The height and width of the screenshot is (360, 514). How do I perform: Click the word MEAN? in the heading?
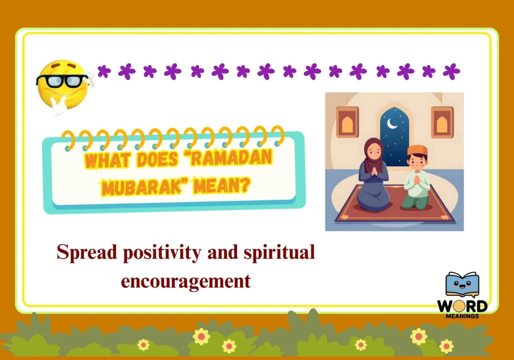pyautogui.click(x=221, y=186)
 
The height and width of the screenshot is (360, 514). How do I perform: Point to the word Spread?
pyautogui.click(x=87, y=253)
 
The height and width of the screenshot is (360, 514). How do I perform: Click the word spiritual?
pyautogui.click(x=279, y=253)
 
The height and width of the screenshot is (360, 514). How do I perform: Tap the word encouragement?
pyautogui.click(x=186, y=281)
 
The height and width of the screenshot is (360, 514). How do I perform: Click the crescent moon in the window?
pyautogui.click(x=392, y=124)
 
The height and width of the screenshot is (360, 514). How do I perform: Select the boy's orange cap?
pyautogui.click(x=417, y=151)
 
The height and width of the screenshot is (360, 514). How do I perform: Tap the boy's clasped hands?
pyautogui.click(x=417, y=180)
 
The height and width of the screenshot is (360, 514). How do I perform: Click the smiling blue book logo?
pyautogui.click(x=462, y=284)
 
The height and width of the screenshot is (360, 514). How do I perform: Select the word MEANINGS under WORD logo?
pyautogui.click(x=462, y=316)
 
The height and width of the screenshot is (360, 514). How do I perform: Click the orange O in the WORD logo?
pyautogui.click(x=459, y=307)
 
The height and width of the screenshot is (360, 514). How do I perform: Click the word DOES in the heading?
pyautogui.click(x=157, y=159)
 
